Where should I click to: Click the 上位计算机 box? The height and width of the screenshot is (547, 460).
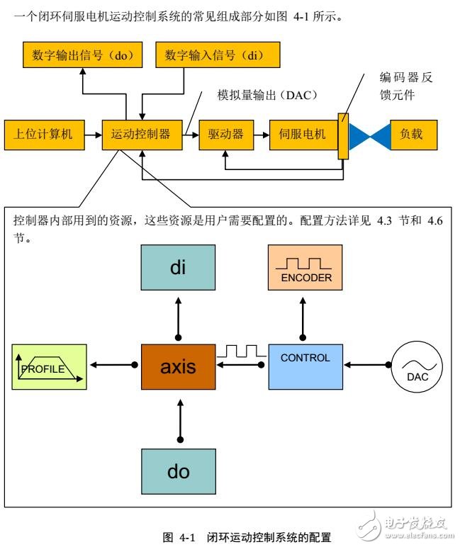(44, 134)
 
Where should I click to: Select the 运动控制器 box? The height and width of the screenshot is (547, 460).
(142, 134)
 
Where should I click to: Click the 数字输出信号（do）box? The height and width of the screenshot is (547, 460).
(82, 55)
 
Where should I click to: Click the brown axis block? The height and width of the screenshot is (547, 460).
(177, 366)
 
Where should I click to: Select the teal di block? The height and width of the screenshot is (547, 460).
(177, 269)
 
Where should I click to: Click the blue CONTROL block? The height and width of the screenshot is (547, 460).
(305, 366)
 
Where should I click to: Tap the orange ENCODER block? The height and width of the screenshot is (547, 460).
(305, 269)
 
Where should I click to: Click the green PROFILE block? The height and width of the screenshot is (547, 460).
(49, 366)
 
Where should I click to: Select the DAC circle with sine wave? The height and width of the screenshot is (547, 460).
(417, 366)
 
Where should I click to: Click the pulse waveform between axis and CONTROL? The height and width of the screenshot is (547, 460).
(240, 351)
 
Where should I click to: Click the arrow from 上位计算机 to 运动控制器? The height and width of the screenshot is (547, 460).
(92, 134)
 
